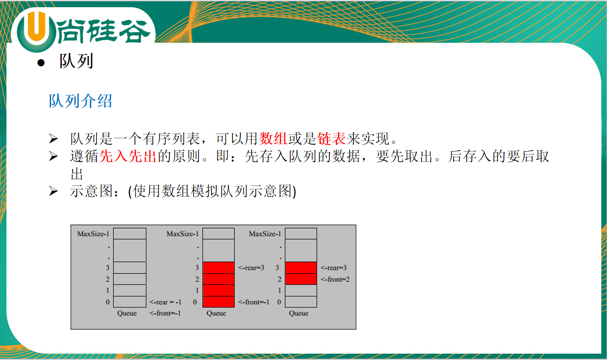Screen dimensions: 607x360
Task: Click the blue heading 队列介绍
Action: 80,101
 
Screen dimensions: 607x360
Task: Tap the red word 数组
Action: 273,139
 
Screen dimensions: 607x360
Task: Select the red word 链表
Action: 332,139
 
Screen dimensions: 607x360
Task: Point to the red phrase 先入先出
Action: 128,156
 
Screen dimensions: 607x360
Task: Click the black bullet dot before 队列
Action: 41,63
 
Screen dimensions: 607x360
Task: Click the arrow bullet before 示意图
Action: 53,191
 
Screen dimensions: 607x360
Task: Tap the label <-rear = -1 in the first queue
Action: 165,302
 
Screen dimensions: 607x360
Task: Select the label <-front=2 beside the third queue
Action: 335,279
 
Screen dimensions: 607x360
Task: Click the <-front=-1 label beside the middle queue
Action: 253,302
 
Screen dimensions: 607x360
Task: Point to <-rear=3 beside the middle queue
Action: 251,268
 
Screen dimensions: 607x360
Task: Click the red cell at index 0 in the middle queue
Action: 218,302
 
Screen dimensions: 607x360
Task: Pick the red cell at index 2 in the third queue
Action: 301,279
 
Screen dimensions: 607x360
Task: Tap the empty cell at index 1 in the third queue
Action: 301,290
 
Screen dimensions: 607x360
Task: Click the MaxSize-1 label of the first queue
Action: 93,234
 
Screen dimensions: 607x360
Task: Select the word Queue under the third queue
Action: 299,314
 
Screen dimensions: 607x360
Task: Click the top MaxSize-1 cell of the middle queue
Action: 218,233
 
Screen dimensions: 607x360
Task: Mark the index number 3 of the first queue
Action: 108,268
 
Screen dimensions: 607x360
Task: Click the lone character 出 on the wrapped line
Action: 77,174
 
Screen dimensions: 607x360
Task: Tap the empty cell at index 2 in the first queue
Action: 130,279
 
